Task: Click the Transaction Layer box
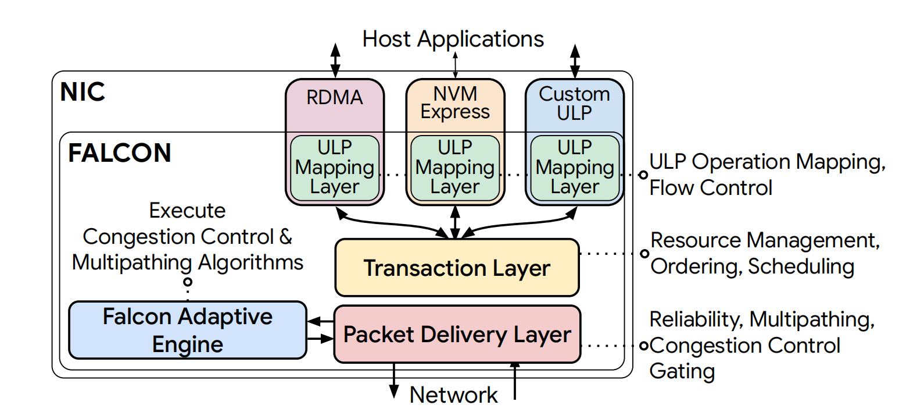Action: pyautogui.click(x=457, y=268)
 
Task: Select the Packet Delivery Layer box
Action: pyautogui.click(x=457, y=334)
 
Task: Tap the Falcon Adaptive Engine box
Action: pyautogui.click(x=187, y=330)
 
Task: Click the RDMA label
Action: pyautogui.click(x=335, y=97)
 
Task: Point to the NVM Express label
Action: pyautogui.click(x=455, y=102)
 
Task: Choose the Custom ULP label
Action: pyautogui.click(x=574, y=103)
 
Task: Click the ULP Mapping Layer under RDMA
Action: pyautogui.click(x=335, y=168)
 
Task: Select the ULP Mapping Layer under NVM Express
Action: pyautogui.click(x=455, y=168)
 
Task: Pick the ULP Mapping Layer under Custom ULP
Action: pyautogui.click(x=575, y=168)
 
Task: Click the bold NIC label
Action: pyautogui.click(x=83, y=92)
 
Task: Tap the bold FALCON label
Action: pyautogui.click(x=120, y=153)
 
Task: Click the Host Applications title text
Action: pyautogui.click(x=453, y=39)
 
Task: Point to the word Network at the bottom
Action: pyautogui.click(x=453, y=395)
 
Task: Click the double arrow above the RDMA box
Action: pyautogui.click(x=335, y=60)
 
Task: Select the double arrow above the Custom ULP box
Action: pyautogui.click(x=575, y=61)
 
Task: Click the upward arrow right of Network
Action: pyautogui.click(x=514, y=381)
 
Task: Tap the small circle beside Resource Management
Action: pyautogui.click(x=644, y=254)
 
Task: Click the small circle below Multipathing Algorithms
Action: pyautogui.click(x=188, y=282)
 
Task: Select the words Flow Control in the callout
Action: pyautogui.click(x=711, y=187)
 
